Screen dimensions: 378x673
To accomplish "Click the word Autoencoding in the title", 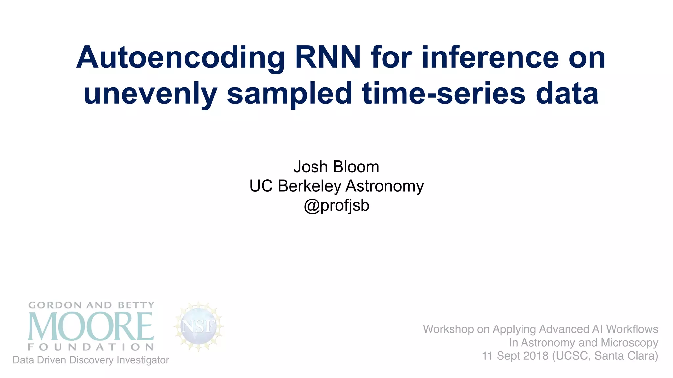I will pyautogui.click(x=180, y=58).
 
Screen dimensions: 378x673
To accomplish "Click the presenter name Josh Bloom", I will pyautogui.click(x=336, y=167).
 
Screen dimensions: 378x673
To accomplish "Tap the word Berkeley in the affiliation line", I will pyautogui.click(x=309, y=186).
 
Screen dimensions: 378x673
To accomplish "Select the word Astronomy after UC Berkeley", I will pyautogui.click(x=384, y=186).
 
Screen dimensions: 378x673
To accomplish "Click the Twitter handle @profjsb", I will pyautogui.click(x=336, y=205).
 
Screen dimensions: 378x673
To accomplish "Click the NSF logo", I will pyautogui.click(x=198, y=326).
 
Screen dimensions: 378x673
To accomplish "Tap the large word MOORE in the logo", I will pyautogui.click(x=91, y=326).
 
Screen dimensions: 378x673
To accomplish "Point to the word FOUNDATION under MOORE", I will pyautogui.click(x=91, y=347).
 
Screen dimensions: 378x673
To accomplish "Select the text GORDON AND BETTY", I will pyautogui.click(x=91, y=305).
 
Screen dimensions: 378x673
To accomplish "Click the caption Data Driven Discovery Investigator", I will pyautogui.click(x=91, y=360).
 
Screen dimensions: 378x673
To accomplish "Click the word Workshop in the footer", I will pyautogui.click(x=449, y=329).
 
